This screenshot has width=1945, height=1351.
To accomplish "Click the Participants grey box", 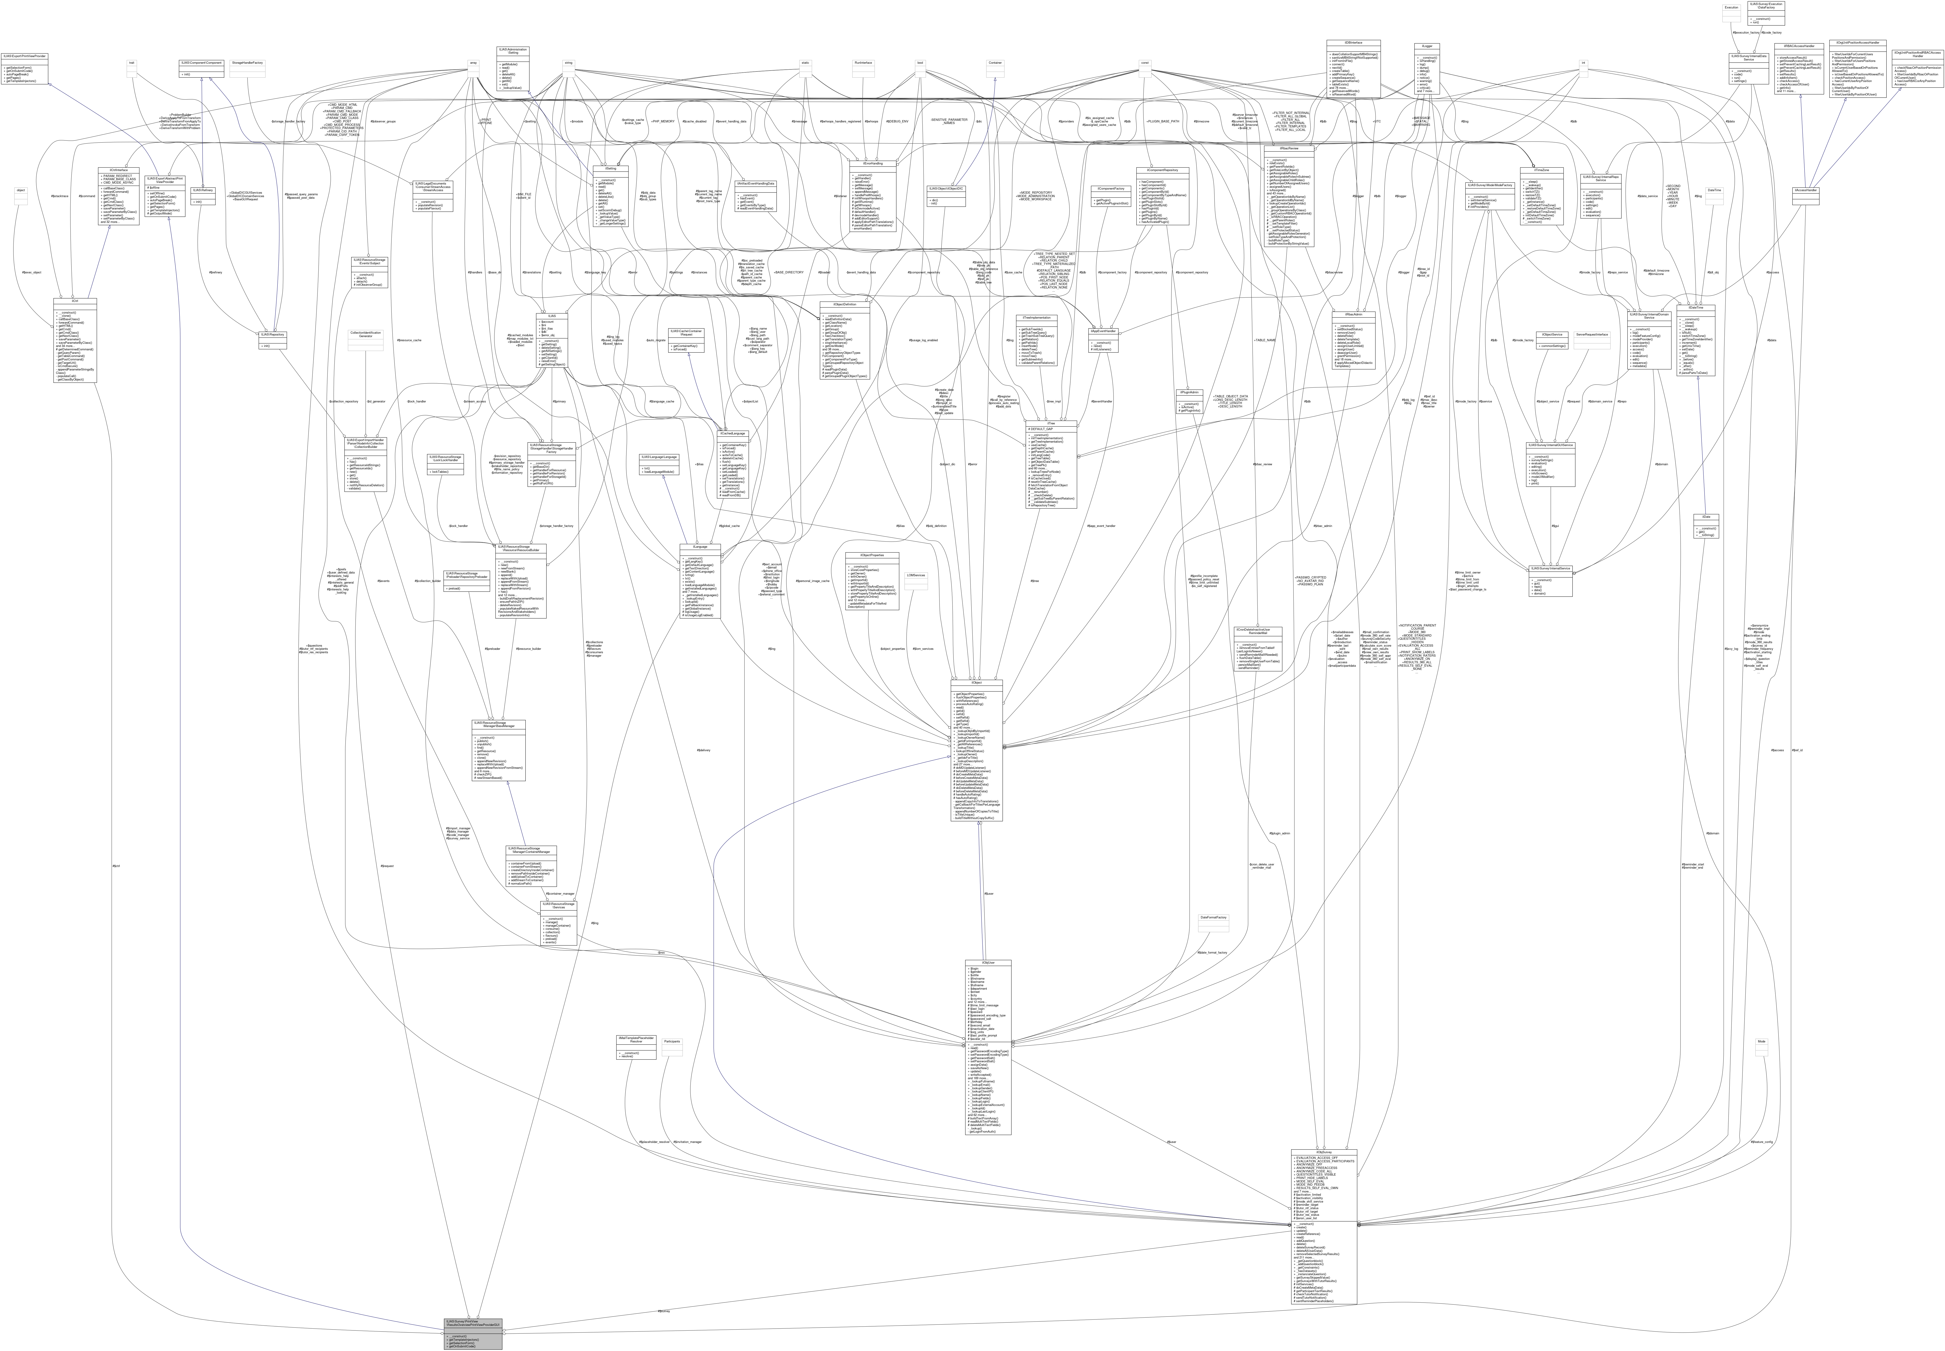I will (x=672, y=1041).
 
